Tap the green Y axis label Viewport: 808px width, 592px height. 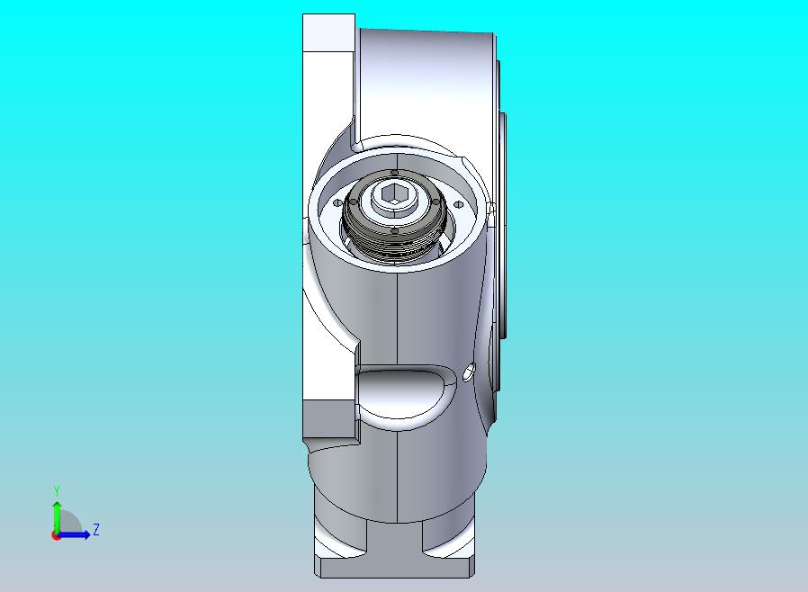click(57, 491)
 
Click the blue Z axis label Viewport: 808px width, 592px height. click(96, 529)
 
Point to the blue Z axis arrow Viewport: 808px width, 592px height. click(73, 534)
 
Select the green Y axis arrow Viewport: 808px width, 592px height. click(57, 518)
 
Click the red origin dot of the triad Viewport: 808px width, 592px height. click(55, 536)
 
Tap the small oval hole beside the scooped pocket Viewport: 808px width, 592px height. click(469, 372)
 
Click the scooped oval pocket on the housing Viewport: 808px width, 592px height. click(406, 392)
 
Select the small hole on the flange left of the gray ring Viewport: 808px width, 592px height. click(337, 203)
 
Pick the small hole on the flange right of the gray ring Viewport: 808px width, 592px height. click(458, 204)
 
